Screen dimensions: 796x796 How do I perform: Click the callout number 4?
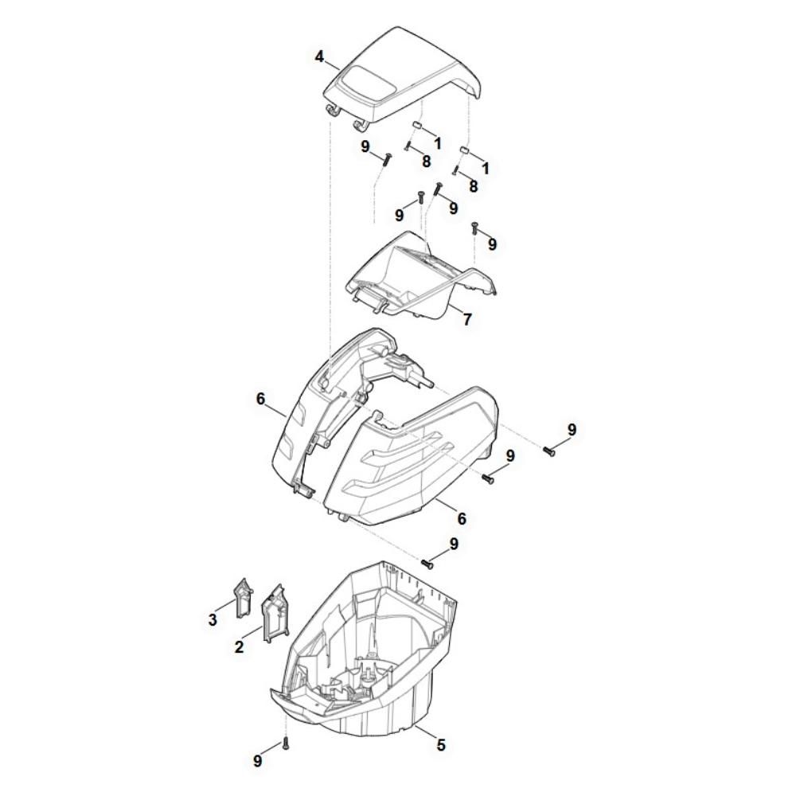[319, 57]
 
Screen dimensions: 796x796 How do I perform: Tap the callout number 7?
[467, 319]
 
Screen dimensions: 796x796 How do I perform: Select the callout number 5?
[441, 745]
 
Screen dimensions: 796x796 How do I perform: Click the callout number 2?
[239, 648]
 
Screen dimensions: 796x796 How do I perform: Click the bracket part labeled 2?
[273, 613]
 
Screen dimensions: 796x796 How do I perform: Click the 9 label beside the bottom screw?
[257, 761]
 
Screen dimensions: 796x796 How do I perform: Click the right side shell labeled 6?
[422, 462]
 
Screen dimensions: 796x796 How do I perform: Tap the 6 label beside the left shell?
[260, 399]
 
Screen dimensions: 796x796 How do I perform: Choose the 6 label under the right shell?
[462, 518]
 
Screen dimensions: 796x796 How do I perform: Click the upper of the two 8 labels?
[426, 161]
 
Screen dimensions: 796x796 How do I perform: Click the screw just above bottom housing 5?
[427, 564]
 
